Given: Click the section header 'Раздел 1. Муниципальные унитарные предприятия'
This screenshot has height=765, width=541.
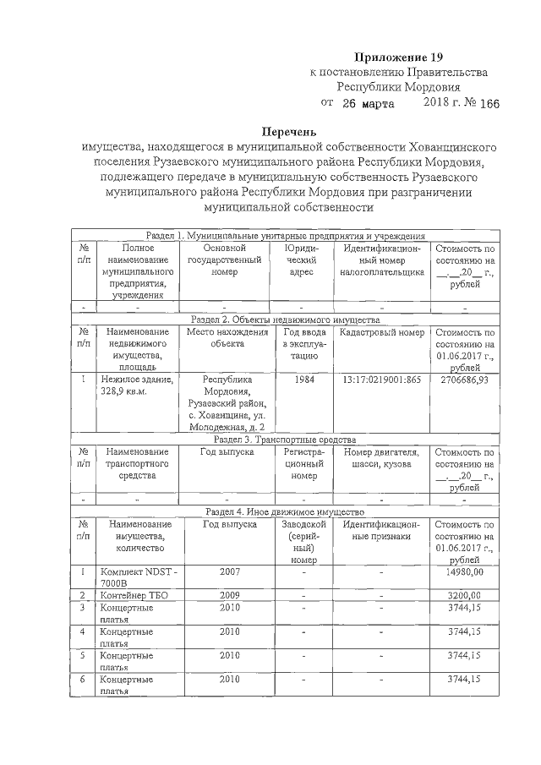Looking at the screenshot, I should point(284,236).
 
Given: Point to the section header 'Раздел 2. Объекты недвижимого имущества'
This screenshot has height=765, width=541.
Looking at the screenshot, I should point(284,320).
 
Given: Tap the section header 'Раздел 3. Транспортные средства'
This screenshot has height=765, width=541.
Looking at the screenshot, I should point(284,440).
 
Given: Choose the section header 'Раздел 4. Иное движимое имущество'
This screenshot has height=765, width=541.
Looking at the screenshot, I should point(284,512).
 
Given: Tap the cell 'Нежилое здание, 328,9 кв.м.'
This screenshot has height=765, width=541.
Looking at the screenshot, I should point(137,386).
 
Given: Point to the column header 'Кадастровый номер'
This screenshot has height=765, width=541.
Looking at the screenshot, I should point(381,333).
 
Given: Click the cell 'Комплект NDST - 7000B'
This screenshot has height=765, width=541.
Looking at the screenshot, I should point(137,578).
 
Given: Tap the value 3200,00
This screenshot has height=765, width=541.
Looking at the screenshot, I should point(464,595).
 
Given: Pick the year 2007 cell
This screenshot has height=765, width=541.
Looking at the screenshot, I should point(229,572).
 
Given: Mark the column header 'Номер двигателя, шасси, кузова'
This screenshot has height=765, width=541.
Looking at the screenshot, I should point(381,458).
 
